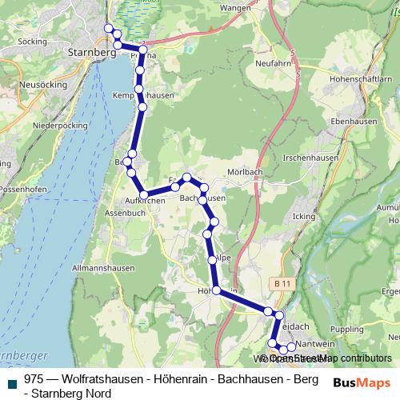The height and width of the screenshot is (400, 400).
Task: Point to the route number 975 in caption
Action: [x=33, y=378]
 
